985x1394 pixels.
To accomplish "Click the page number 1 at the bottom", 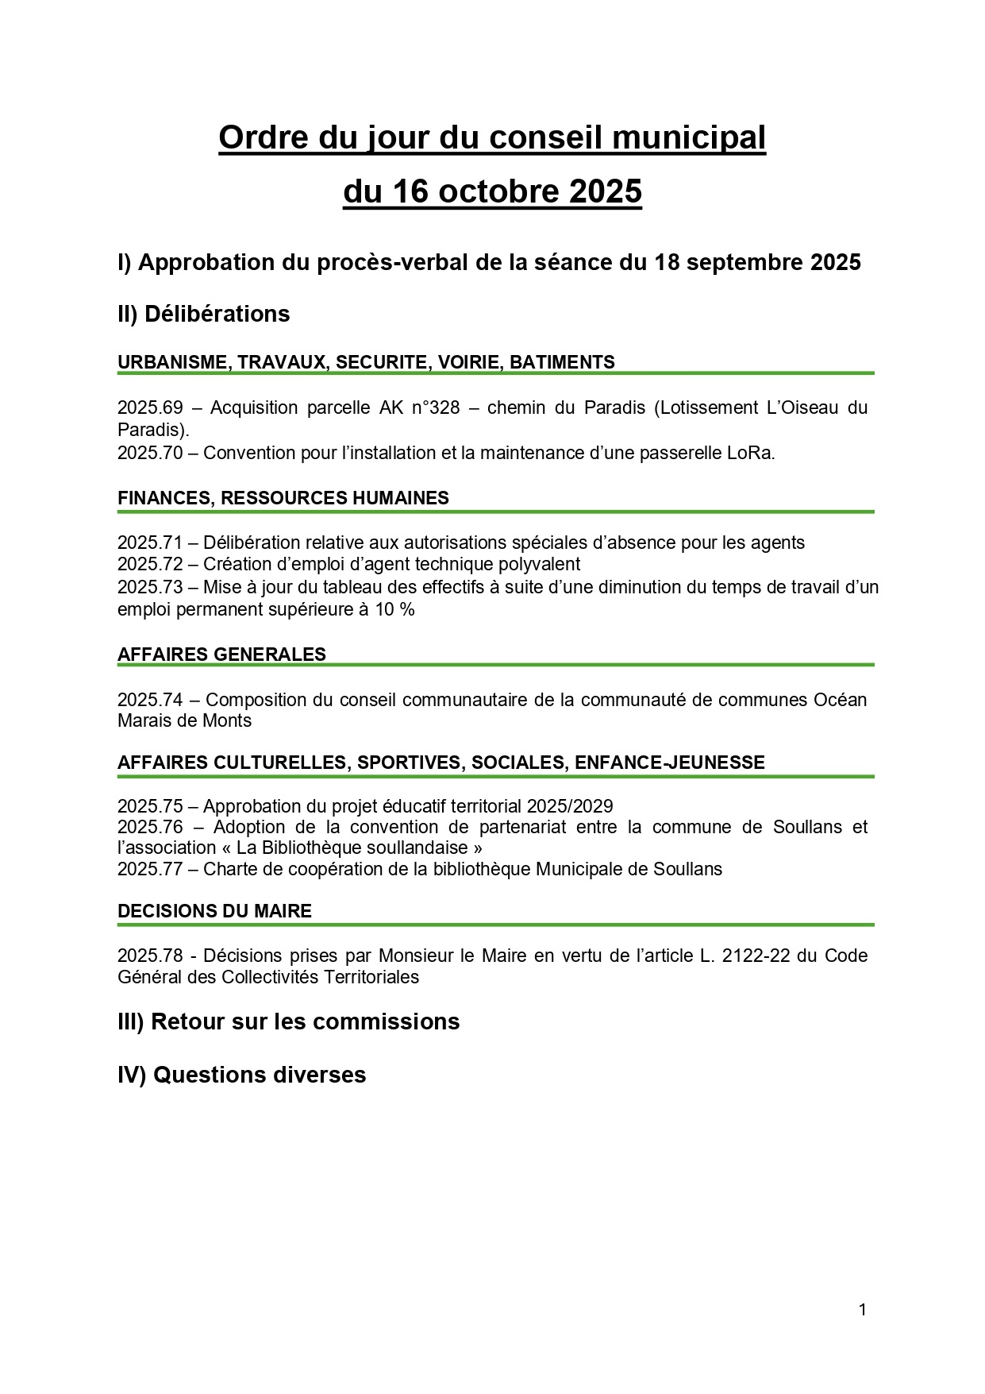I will tap(862, 1310).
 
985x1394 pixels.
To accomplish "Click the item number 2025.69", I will tap(150, 407).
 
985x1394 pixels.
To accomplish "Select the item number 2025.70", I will tap(150, 453).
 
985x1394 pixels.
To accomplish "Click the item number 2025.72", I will tap(150, 564).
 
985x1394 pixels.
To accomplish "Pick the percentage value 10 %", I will tap(395, 609).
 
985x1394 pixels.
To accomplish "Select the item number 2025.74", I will tap(150, 700).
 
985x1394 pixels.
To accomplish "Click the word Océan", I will tap(840, 700).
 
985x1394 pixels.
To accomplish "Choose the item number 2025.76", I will tap(150, 827).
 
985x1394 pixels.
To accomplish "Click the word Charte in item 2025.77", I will tap(229, 869).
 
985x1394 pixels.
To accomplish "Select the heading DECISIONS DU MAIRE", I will tap(214, 911).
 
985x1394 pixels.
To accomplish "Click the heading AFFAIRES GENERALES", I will tap(221, 655).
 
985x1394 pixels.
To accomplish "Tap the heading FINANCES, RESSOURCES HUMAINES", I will tap(283, 498).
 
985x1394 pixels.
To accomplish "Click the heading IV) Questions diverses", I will tap(241, 1075).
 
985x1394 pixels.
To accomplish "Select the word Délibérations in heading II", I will tap(217, 314).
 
